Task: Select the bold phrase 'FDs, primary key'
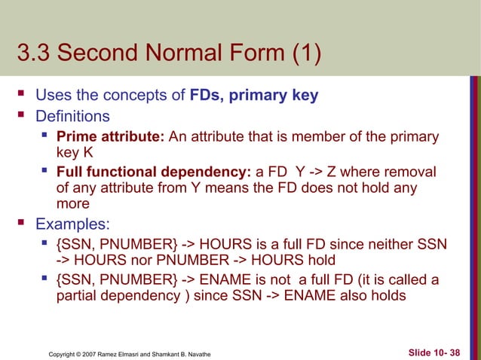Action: coord(254,96)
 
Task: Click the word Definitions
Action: coord(72,116)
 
